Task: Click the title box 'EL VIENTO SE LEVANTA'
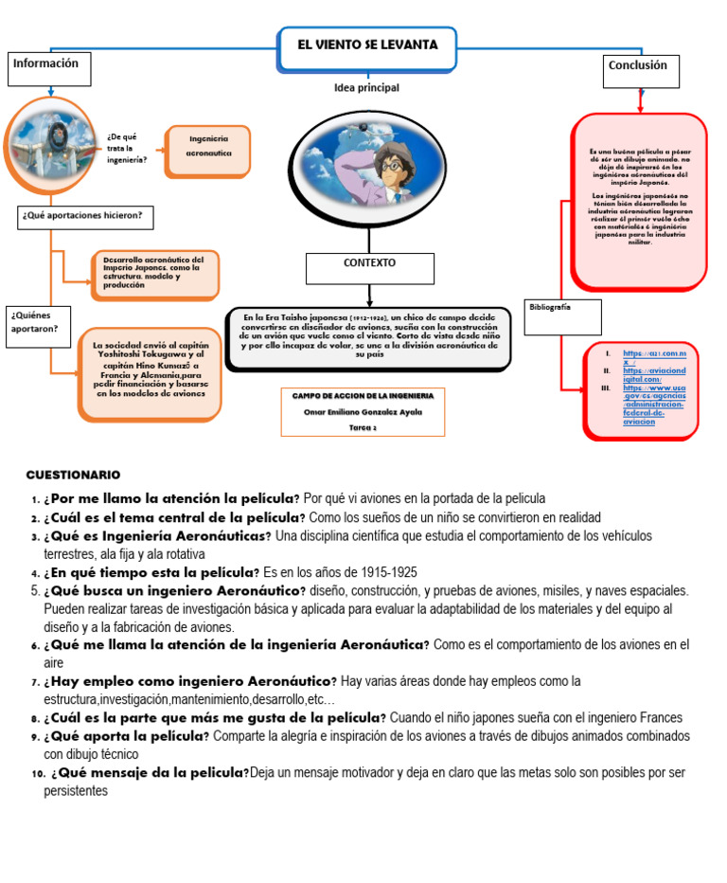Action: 367,46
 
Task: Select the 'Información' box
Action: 51,69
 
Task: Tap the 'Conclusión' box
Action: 641,71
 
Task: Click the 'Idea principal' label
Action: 366,88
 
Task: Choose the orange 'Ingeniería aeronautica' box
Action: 207,150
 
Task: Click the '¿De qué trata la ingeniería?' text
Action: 127,148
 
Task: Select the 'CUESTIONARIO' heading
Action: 74,474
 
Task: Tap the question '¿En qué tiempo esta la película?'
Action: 151,572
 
